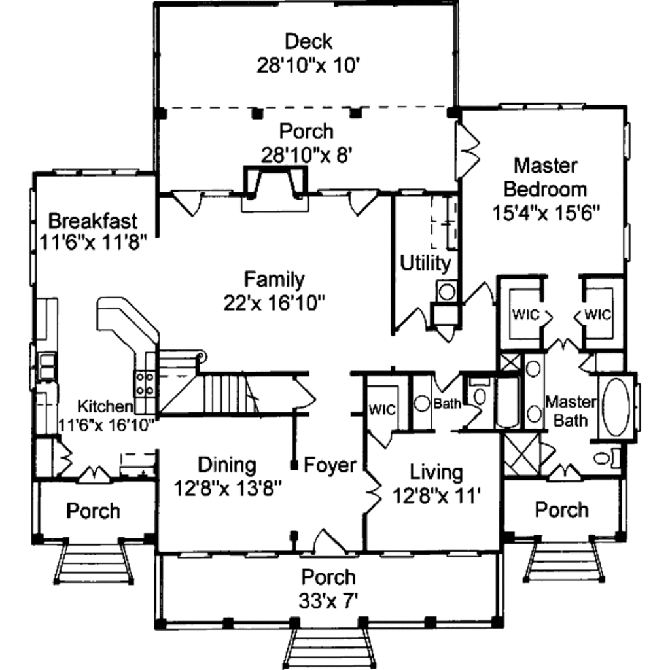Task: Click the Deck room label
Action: [308, 42]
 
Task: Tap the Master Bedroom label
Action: [545, 177]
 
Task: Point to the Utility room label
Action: [425, 264]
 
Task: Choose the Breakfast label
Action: [93, 219]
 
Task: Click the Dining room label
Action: [227, 465]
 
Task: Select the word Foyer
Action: [330, 466]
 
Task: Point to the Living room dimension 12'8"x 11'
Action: [437, 495]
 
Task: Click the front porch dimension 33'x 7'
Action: [328, 600]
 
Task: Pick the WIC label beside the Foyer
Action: [382, 410]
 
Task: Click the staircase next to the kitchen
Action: [222, 393]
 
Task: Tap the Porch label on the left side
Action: [94, 510]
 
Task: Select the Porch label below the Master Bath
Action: [561, 510]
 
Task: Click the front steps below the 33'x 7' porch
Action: [329, 648]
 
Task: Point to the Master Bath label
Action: [571, 410]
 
